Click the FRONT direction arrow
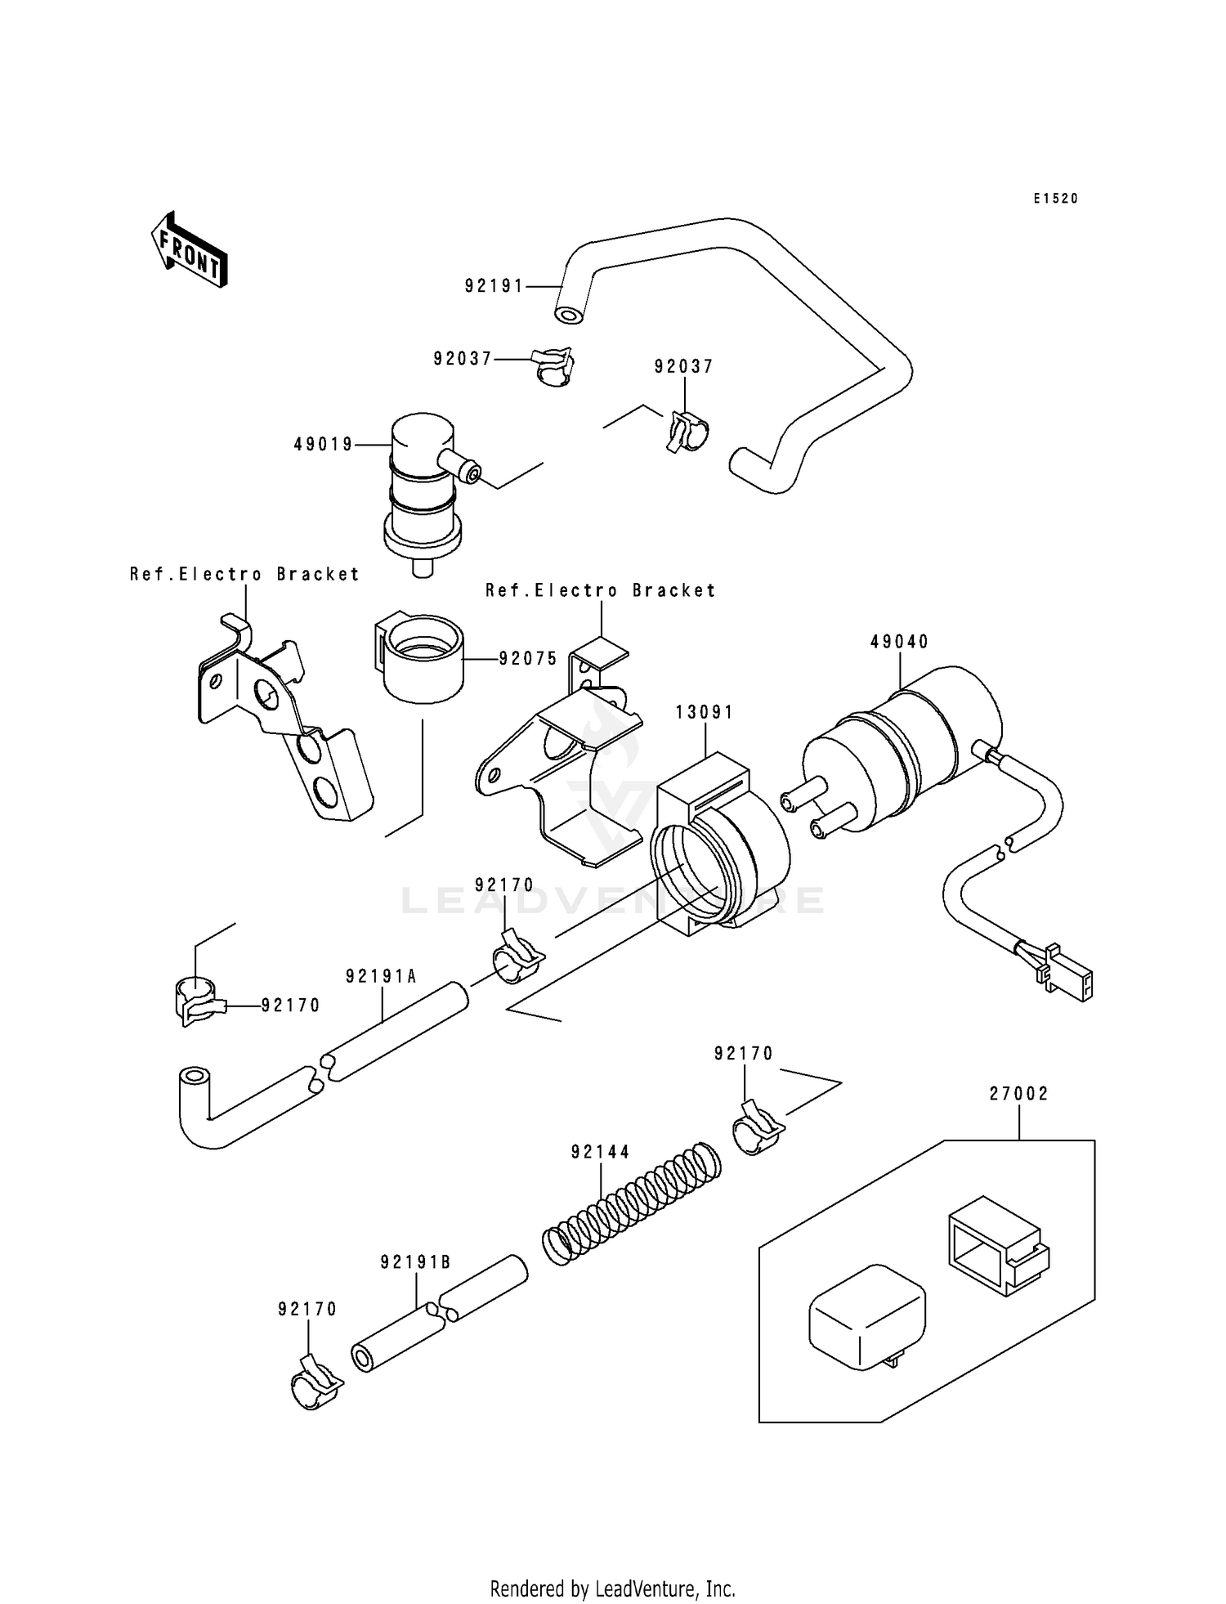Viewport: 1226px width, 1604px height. pos(189,249)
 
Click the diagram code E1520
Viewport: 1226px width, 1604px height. pos(1055,199)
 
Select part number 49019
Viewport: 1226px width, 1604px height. pos(324,445)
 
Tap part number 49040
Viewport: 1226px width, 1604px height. pos(899,642)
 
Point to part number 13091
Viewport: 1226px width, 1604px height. pos(705,713)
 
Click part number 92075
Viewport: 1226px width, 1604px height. pos(528,658)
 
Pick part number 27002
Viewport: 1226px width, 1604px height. pos(1018,1094)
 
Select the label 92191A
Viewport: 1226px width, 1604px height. pos(381,976)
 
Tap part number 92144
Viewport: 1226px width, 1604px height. pos(601,1152)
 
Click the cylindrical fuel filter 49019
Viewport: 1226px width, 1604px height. pos(423,491)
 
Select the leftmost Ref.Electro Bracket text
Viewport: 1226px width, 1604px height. pos(244,575)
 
